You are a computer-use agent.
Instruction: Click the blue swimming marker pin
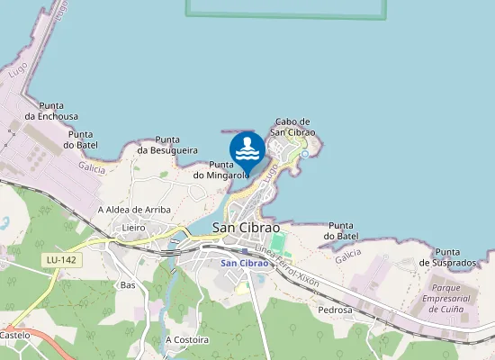tap(247, 149)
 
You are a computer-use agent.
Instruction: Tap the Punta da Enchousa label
tap(51, 110)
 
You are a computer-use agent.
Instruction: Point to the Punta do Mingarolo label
tap(220, 170)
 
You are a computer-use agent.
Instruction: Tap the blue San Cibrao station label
tap(245, 263)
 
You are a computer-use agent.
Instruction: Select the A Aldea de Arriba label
tap(134, 210)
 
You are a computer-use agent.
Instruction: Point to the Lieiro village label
tap(134, 229)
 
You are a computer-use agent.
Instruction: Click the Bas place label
tap(127, 284)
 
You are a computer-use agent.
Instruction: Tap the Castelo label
tap(14, 335)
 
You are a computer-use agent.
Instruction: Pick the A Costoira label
tap(187, 340)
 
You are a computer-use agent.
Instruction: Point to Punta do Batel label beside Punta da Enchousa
tap(81, 139)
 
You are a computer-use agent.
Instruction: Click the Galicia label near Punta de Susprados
tap(348, 257)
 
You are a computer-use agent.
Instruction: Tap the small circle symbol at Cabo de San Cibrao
tap(305, 154)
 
